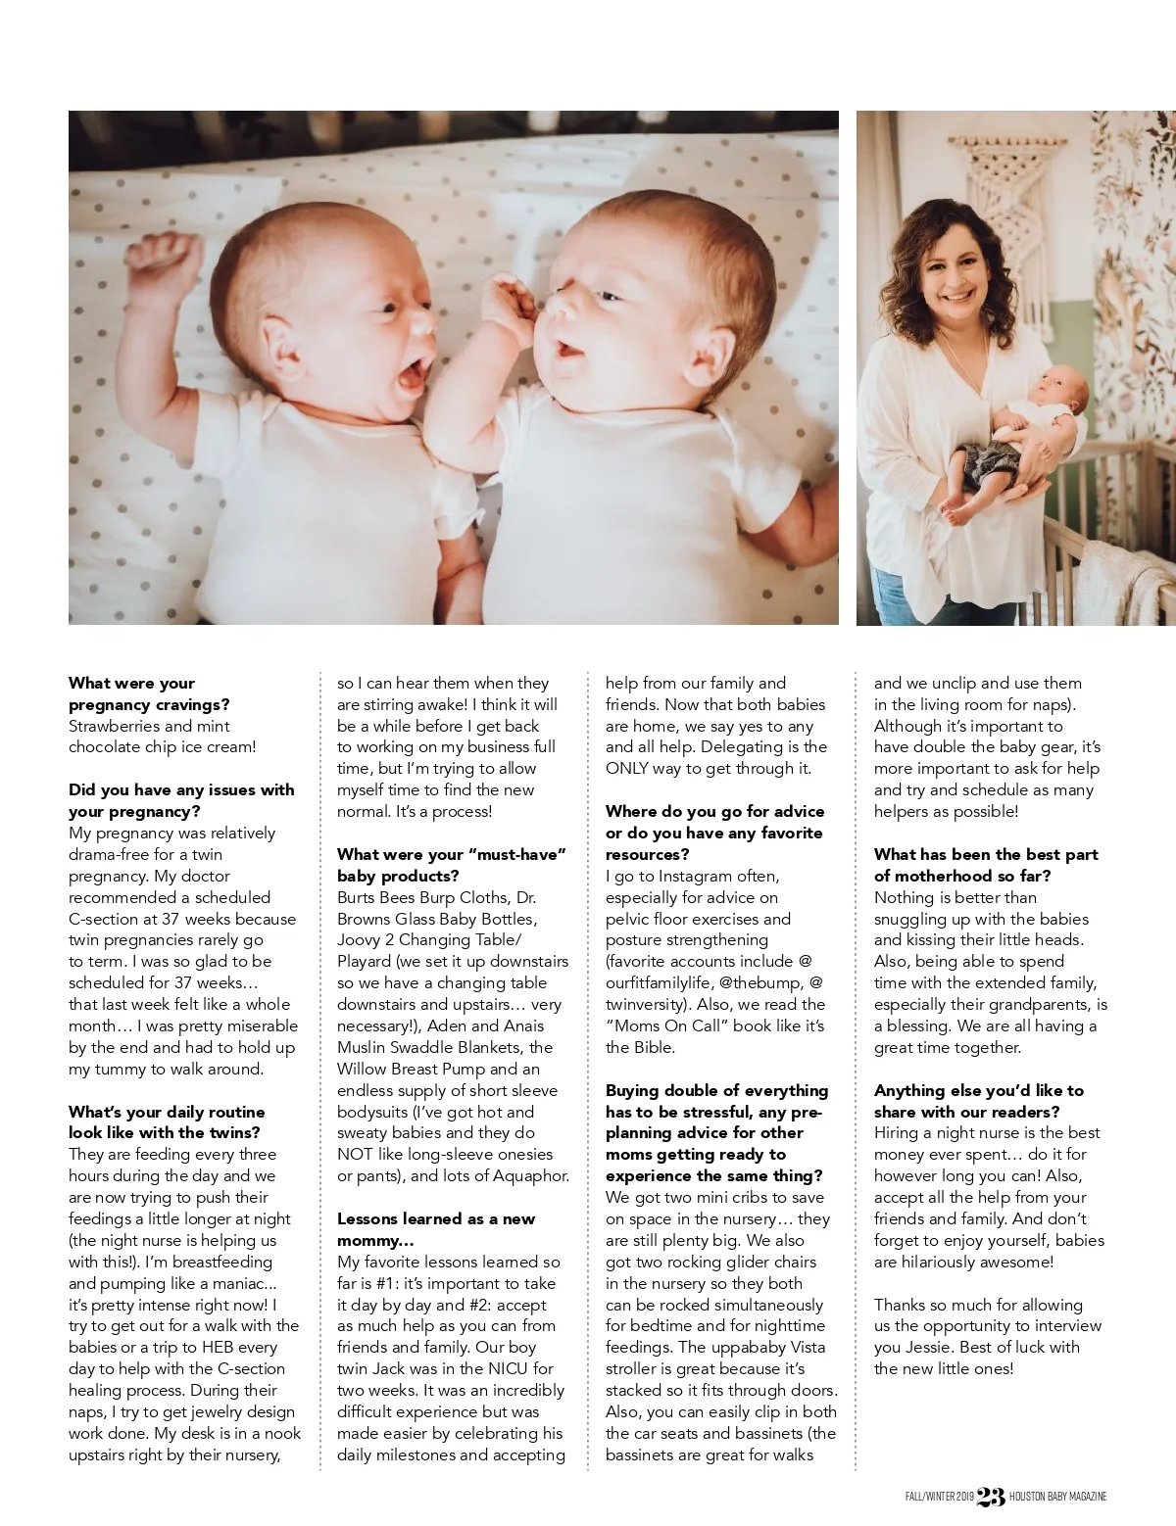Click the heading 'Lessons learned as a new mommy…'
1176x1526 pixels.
[436, 1229]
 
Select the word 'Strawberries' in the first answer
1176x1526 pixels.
[115, 726]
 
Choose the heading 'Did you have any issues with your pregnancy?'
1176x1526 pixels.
[181, 800]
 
